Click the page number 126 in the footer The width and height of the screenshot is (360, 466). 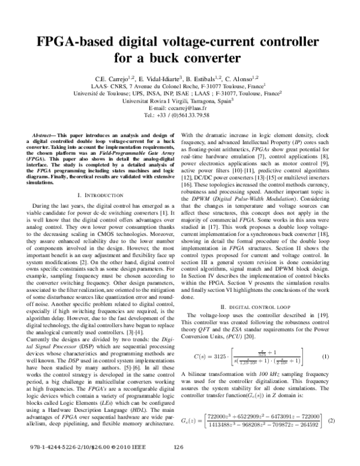click(178, 448)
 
